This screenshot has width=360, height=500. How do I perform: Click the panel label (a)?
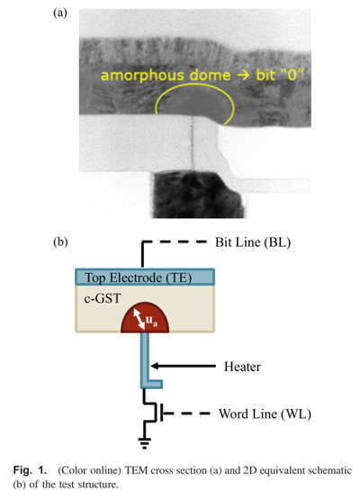click(x=60, y=14)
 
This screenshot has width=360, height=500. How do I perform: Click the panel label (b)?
click(x=60, y=242)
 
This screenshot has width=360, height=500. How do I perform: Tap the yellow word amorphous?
click(x=143, y=76)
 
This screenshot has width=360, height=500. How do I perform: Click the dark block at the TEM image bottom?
click(x=198, y=195)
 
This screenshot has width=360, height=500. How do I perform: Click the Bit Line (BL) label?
click(x=253, y=242)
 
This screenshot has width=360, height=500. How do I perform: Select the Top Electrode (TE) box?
click(x=145, y=277)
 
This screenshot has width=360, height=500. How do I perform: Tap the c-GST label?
click(x=103, y=299)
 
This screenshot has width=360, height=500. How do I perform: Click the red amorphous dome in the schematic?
click(x=145, y=318)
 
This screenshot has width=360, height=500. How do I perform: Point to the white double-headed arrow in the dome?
click(x=139, y=320)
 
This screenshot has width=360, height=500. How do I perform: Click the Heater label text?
click(x=242, y=367)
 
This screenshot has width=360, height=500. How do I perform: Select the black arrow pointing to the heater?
click(x=184, y=366)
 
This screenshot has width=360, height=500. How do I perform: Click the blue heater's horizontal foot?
click(x=152, y=384)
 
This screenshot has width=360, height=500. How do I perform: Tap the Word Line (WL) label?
click(x=265, y=414)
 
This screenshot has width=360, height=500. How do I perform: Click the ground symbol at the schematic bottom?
click(x=145, y=443)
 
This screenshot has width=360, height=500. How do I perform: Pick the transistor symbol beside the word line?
click(x=155, y=413)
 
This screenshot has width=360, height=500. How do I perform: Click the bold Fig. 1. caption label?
click(x=30, y=470)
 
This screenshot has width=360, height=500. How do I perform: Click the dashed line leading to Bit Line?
click(x=179, y=242)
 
